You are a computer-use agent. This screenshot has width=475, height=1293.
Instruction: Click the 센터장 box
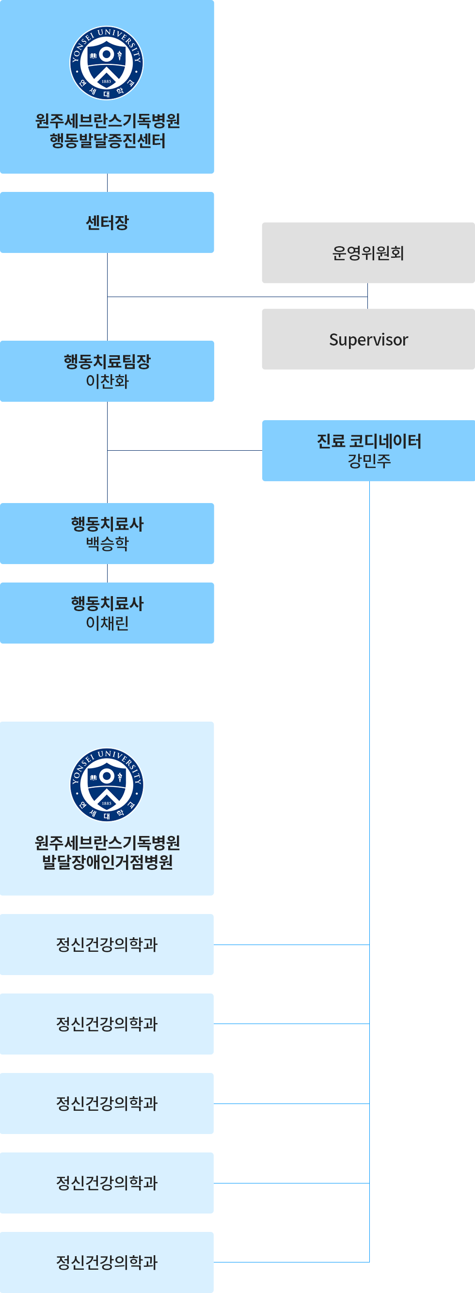coord(107,222)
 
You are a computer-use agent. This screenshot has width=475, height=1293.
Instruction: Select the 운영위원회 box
coord(368,253)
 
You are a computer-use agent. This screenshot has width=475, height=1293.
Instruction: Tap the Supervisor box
coord(368,339)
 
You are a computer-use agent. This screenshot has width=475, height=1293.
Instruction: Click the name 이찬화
coord(107,381)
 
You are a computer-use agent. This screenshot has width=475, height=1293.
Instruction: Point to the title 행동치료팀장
coord(107,362)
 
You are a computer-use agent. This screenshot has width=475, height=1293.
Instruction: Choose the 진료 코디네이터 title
coord(368,441)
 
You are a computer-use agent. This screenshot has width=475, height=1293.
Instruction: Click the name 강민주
coord(368,460)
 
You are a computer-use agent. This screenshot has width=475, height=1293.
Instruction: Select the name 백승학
coord(107,544)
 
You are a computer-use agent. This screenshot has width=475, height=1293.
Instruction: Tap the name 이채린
coord(107,623)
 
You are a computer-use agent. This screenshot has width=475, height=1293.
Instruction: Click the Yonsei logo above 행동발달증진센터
coord(107,63)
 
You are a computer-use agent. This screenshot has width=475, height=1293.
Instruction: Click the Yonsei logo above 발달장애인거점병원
coord(107,785)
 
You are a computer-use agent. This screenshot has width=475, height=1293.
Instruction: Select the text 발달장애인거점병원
coord(107,862)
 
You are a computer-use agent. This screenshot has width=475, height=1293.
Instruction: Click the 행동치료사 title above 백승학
coord(107,524)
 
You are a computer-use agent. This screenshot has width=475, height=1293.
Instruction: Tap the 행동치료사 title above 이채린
coord(107,603)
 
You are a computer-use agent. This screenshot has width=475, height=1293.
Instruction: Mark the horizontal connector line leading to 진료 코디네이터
coord(185,450)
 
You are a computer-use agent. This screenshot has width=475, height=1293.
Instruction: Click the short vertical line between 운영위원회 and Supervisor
coord(367,296)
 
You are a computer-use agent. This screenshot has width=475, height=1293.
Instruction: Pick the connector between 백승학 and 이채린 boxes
coord(107,573)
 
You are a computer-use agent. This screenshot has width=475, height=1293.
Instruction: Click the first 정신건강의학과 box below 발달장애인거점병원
coord(107,944)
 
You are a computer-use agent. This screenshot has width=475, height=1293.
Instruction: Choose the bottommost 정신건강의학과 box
coord(107,1261)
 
